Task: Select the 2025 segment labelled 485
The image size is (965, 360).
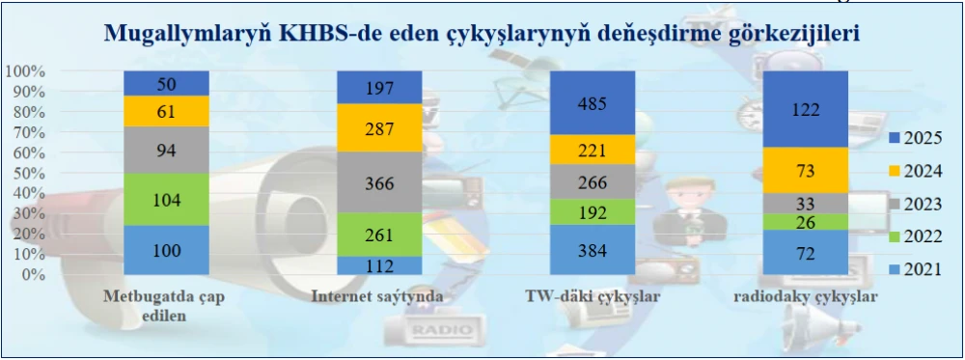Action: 592,102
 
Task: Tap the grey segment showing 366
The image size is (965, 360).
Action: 379,182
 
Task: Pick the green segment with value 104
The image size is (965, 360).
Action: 167,200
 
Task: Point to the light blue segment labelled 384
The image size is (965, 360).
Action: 592,251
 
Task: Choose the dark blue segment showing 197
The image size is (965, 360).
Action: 379,88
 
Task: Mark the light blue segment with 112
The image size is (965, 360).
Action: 379,265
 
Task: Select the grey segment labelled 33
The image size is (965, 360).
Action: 805,203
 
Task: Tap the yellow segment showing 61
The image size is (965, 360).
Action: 167,111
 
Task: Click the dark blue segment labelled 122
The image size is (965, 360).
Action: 805,109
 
